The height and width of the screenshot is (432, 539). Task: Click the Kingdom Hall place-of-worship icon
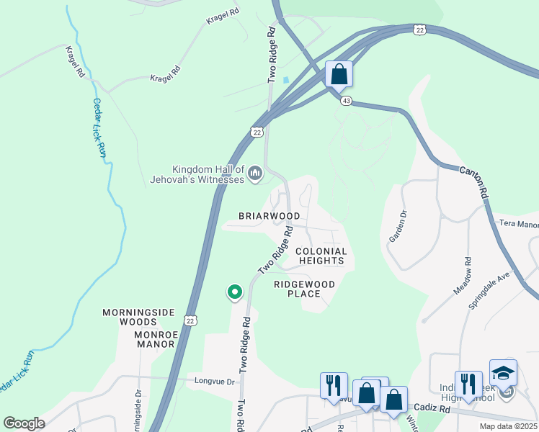(x=254, y=173)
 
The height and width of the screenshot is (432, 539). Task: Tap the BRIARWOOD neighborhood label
(x=269, y=216)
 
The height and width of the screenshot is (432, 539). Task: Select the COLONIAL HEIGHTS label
(x=322, y=256)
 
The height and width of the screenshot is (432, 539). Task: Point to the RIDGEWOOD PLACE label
(x=304, y=289)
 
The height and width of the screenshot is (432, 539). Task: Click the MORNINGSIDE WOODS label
(x=138, y=317)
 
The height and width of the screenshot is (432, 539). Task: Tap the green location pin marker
(x=234, y=292)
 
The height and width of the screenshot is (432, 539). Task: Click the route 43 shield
(x=347, y=101)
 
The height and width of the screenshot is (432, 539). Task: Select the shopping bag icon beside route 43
(x=339, y=75)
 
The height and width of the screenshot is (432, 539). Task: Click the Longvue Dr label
(x=215, y=382)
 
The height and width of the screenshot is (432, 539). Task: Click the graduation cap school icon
(x=503, y=372)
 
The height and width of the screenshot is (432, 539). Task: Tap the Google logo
(x=24, y=423)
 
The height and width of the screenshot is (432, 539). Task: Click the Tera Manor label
(x=519, y=225)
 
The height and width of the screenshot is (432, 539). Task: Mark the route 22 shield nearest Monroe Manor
(x=190, y=319)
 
